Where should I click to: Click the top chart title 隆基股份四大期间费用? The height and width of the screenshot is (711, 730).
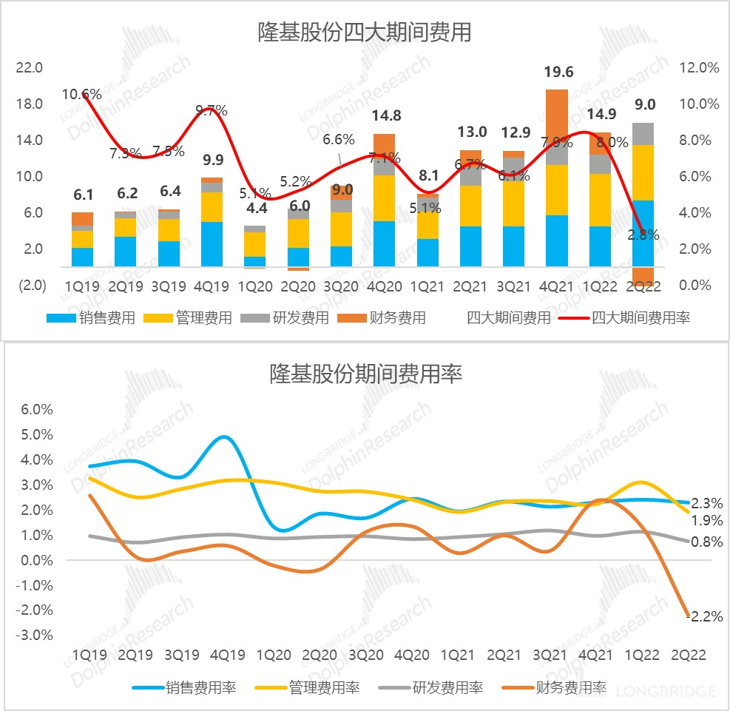364,33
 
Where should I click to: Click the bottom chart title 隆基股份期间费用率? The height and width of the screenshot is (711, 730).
364,374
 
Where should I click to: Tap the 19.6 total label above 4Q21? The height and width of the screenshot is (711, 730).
558,72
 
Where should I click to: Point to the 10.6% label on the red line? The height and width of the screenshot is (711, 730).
81,94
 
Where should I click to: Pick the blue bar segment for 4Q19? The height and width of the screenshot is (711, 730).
211,244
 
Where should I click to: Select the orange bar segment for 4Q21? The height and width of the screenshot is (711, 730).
556,127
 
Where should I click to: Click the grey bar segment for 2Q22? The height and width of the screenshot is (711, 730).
643,134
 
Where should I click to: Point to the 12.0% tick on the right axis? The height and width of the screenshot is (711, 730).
698,68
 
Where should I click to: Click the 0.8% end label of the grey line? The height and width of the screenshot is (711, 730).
706,542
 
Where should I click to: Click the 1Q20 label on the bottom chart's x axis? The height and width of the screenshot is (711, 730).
274,656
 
